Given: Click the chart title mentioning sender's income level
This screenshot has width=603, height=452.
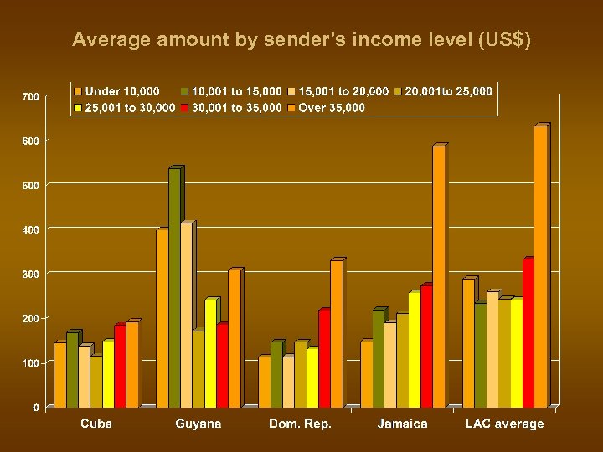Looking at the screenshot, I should click(301, 40).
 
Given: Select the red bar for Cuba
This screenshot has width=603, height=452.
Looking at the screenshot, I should click(120, 366).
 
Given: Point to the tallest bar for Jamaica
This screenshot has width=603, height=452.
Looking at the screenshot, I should click(438, 277).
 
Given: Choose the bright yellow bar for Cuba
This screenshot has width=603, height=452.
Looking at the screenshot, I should click(108, 373).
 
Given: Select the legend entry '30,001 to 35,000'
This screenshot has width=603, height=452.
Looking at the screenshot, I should click(231, 108).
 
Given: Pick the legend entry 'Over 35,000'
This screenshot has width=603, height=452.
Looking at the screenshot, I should click(326, 108).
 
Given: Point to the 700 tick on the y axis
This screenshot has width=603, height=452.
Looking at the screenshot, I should click(31, 97).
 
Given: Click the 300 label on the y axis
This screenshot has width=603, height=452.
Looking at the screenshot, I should click(31, 274).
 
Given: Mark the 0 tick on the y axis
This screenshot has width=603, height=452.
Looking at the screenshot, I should click(36, 408).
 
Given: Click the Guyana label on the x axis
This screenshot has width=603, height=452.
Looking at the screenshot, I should click(198, 424).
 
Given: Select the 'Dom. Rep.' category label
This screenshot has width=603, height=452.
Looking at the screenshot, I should click(300, 424).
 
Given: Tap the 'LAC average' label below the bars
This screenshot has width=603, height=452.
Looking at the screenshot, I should click(504, 424).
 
